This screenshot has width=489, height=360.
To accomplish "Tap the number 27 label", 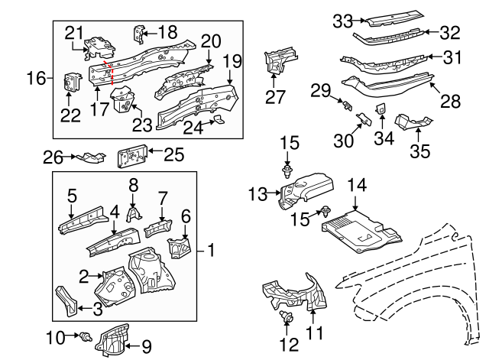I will click(x=274, y=96).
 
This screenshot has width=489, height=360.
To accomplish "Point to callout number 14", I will click(x=358, y=185).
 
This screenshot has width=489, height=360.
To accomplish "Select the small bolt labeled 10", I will click(x=86, y=336).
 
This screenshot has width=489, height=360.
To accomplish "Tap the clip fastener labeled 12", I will click(x=288, y=318).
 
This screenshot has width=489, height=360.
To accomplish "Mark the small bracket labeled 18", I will click(x=139, y=33).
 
